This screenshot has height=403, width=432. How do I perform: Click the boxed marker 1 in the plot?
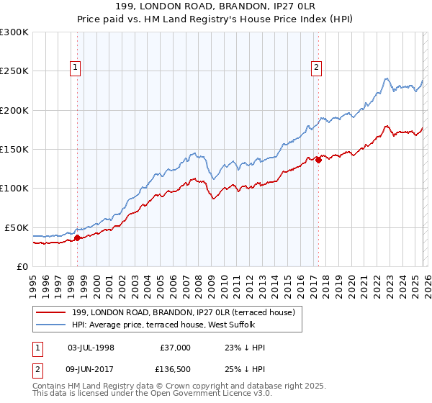[x=76, y=68]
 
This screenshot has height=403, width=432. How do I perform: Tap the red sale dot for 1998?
[x=77, y=237]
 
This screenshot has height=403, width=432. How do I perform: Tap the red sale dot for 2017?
[x=318, y=160]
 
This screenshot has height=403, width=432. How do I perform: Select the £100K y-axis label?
[x=14, y=188]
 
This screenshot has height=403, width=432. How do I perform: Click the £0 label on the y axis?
[x=22, y=266]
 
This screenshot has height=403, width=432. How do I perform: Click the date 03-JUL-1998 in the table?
[x=91, y=348]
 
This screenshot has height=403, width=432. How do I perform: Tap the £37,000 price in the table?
[x=175, y=348]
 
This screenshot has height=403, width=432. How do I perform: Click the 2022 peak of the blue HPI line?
[x=387, y=78]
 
